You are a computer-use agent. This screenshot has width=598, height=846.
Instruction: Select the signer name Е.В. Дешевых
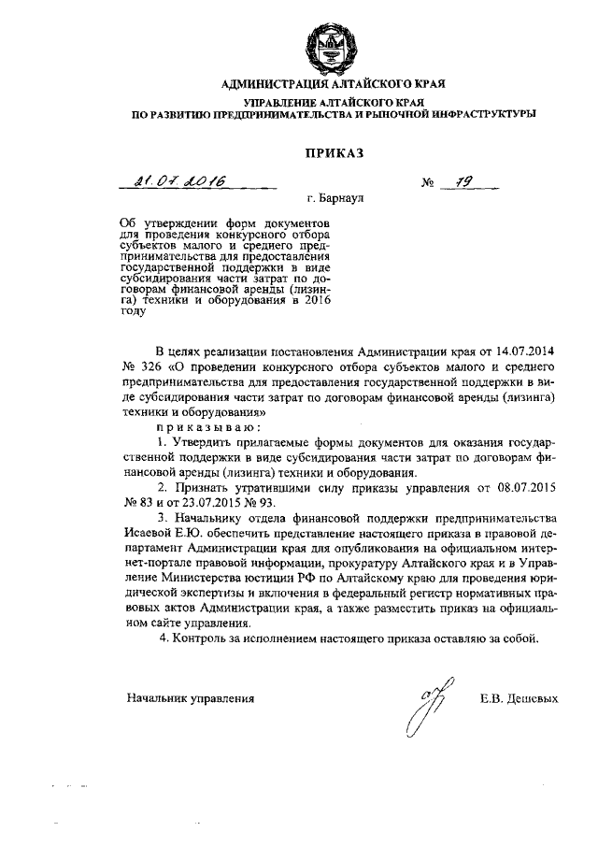point(517,697)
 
